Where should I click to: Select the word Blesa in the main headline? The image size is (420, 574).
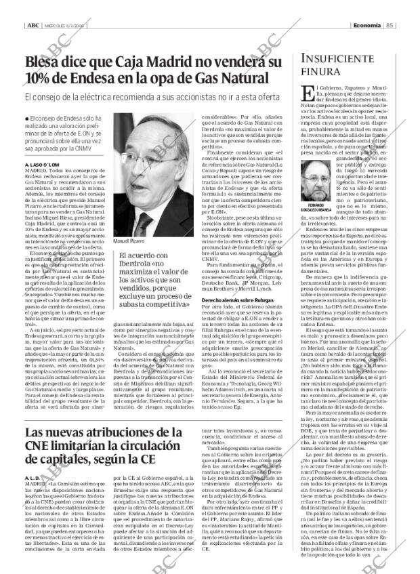click(x=46, y=65)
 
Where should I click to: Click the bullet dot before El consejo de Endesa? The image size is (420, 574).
click(x=26, y=120)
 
